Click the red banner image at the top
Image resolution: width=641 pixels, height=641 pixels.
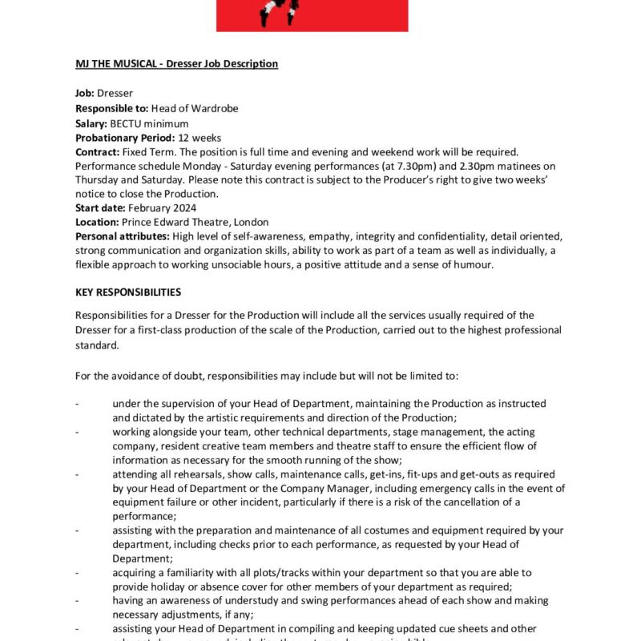pyautogui.click(x=312, y=15)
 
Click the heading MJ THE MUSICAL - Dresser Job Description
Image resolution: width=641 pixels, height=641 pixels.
pyautogui.click(x=176, y=63)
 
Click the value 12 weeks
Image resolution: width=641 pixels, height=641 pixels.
pyautogui.click(x=200, y=138)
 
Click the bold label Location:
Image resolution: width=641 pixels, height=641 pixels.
pyautogui.click(x=97, y=222)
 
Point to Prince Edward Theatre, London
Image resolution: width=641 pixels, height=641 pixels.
pyautogui.click(x=196, y=222)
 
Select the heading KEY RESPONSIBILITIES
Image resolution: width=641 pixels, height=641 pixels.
pyautogui.click(x=128, y=292)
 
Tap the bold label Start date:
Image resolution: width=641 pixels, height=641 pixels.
pyautogui.click(x=100, y=208)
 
